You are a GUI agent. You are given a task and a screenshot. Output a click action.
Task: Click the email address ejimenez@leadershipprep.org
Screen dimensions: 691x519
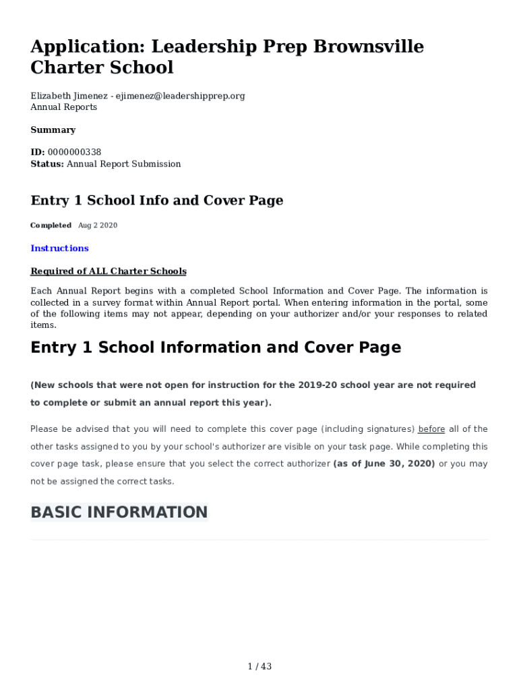pos(180,96)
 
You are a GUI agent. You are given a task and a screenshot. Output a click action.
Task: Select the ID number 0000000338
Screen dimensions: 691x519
pos(74,153)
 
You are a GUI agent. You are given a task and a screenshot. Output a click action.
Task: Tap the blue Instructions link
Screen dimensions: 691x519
pos(59,248)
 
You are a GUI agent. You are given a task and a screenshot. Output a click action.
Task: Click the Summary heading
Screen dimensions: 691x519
pos(53,130)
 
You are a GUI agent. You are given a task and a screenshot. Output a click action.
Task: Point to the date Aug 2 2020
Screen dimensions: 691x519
pos(98,225)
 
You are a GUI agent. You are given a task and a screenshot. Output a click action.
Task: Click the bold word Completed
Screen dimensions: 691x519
pos(51,225)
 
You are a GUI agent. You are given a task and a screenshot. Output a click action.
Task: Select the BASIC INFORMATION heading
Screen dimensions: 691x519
pos(119,512)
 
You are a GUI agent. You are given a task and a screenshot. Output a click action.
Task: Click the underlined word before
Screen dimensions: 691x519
pos(431,429)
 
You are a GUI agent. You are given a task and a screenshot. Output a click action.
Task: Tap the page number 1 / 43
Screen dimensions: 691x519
pos(259,667)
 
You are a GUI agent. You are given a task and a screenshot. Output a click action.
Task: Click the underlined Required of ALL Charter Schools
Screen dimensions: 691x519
pos(109,271)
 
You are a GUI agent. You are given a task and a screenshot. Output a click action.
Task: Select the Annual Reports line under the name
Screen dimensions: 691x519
pos(63,107)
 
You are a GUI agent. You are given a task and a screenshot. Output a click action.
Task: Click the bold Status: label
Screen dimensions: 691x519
pos(47,164)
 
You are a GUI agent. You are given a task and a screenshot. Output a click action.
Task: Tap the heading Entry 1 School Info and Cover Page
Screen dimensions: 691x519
pos(156,200)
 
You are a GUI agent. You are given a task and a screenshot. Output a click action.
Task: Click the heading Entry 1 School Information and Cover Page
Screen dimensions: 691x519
pos(216,348)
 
